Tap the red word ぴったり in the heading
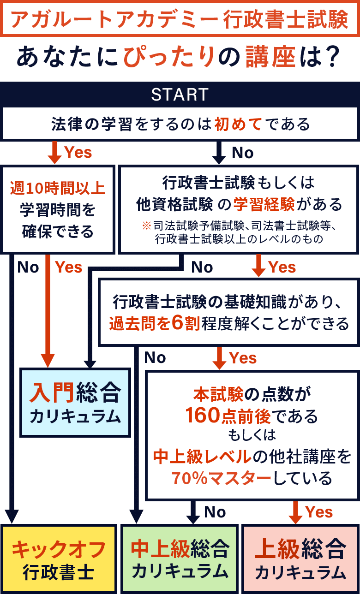point(169,57)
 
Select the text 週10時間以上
point(58,188)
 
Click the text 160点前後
point(228,416)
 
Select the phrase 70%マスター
point(221,478)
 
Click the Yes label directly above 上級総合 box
point(319,512)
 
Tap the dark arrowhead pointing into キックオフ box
point(12,517)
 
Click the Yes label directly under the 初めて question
point(78,153)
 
